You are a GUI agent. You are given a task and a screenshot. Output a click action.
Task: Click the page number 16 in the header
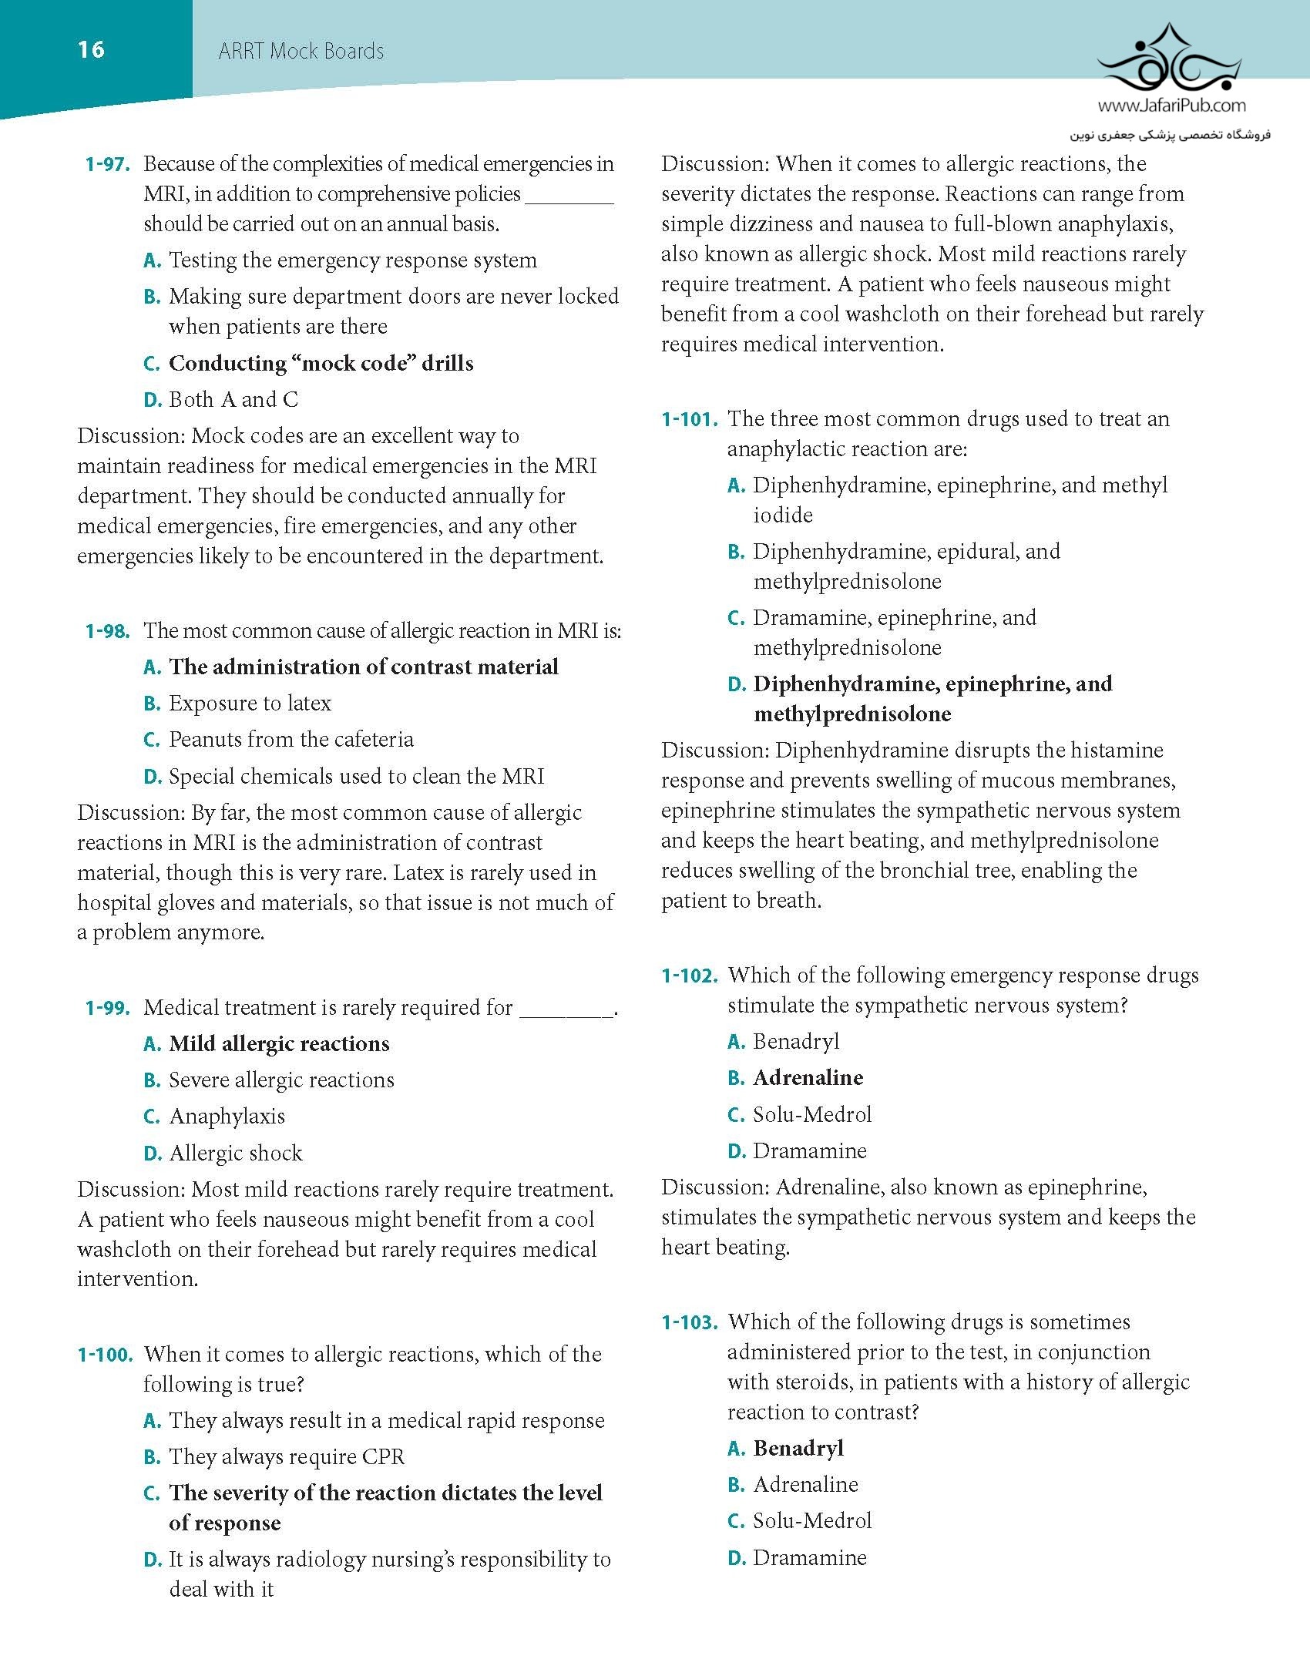point(91,50)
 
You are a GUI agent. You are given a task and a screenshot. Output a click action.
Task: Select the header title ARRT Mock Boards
point(301,52)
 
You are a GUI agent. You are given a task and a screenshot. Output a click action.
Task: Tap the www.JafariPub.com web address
point(1171,106)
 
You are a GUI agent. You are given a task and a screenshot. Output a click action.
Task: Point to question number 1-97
point(108,164)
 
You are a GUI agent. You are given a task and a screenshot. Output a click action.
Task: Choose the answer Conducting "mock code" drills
point(321,363)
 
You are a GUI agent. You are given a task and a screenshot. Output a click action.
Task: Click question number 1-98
point(108,631)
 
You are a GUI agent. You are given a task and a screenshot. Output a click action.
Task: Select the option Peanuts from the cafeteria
point(291,740)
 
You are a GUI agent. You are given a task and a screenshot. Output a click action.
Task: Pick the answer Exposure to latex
point(250,704)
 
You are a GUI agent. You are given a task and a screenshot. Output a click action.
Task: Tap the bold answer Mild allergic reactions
point(279,1044)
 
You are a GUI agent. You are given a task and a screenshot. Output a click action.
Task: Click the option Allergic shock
point(235,1154)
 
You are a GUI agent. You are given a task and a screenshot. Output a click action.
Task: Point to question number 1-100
point(106,1355)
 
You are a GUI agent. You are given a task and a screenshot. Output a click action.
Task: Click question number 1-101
point(690,419)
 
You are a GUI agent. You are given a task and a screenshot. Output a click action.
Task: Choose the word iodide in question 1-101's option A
point(782,515)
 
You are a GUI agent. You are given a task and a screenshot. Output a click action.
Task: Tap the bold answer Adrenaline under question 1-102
point(808,1078)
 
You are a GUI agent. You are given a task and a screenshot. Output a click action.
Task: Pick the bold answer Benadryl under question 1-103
point(798,1449)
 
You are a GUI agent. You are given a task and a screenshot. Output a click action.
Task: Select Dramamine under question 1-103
point(809,1558)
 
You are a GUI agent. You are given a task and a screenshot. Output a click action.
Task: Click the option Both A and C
point(233,400)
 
